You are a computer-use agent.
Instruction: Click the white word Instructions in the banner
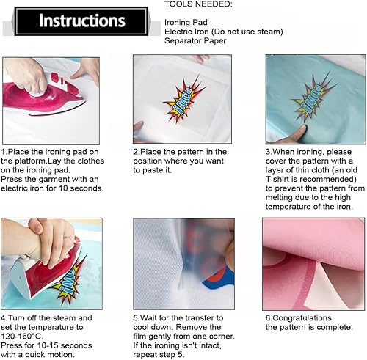click(x=82, y=21)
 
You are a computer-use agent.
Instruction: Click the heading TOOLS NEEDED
click(x=198, y=4)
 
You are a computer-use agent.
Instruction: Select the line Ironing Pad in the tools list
click(x=186, y=22)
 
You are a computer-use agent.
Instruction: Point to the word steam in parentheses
click(x=269, y=32)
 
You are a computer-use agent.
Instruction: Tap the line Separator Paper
click(x=195, y=40)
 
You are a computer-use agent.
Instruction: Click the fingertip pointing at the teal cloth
click(x=300, y=130)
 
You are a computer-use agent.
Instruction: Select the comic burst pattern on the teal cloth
click(x=314, y=98)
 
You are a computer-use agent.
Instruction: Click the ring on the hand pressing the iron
click(x=69, y=238)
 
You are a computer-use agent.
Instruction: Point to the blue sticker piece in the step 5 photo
click(x=219, y=282)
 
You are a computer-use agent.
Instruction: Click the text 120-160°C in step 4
click(x=22, y=337)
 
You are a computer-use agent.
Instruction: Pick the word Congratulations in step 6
click(x=299, y=318)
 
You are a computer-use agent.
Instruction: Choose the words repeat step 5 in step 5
click(x=159, y=355)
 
